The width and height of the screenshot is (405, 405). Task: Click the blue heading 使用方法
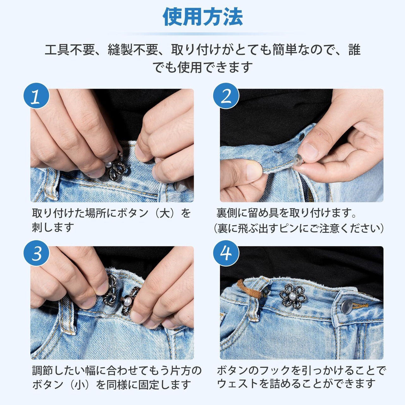202,17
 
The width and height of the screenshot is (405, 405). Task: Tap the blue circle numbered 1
36,96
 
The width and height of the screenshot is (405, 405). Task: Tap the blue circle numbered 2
226,96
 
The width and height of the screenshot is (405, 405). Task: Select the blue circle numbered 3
36,253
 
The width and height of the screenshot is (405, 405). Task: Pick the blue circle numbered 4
226,253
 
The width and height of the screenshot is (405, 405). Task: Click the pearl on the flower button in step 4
292,296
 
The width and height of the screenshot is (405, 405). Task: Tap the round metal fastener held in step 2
300,160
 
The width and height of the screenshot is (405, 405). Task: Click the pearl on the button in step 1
108,164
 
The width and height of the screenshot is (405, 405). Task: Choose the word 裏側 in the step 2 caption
227,213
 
